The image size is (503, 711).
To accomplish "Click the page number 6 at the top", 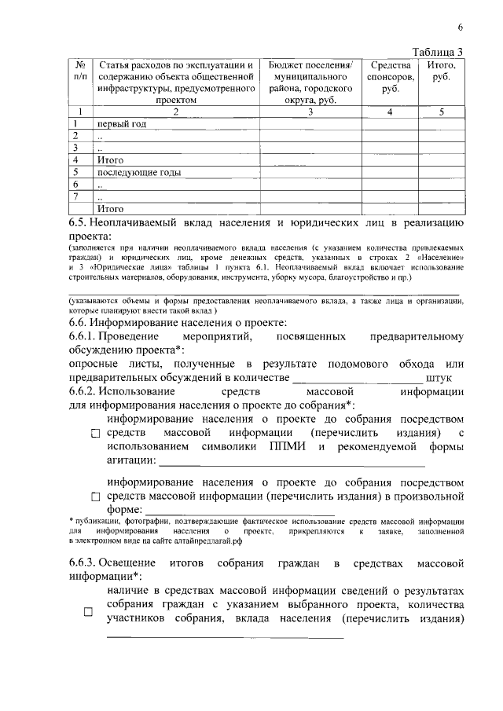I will pyautogui.click(x=460, y=27).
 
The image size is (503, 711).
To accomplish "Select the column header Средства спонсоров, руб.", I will pyautogui.click(x=390, y=77).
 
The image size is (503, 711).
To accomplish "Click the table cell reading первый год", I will pyautogui.click(x=122, y=124).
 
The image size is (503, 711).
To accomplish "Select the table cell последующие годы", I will pyautogui.click(x=139, y=172).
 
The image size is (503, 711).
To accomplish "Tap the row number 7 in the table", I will pyautogui.click(x=75, y=196).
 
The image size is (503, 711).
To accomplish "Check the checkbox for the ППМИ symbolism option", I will pyautogui.click(x=96, y=434).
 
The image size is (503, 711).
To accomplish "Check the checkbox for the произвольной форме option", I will pyautogui.click(x=96, y=497).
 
